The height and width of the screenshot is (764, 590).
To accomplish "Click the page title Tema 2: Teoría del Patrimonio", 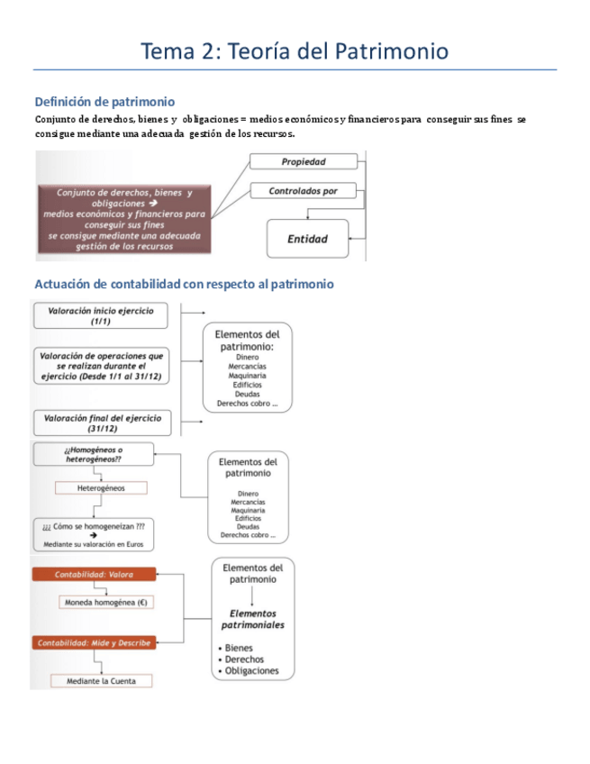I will pos(295,51).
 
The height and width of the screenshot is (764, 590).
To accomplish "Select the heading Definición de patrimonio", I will pos(104,102).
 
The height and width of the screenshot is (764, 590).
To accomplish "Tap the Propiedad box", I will pos(304,162).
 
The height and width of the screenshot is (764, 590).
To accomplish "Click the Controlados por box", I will pos(304,191).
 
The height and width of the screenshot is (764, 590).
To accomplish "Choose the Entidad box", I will pos(307,239).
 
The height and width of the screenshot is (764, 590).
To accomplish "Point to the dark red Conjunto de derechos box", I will pos(124,219).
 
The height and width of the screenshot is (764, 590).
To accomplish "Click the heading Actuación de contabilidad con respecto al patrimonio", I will pos(184,284).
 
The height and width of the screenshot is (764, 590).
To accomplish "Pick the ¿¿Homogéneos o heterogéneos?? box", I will pos(94,454).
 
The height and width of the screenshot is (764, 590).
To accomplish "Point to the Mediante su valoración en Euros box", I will pos(93,539).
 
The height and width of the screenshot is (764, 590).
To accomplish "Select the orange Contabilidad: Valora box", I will pos(94,574).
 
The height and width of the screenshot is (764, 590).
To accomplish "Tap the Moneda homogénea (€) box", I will pos(105,602).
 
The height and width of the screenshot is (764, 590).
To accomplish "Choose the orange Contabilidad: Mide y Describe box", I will pos(94,642).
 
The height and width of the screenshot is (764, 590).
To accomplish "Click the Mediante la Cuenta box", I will pos(101,681).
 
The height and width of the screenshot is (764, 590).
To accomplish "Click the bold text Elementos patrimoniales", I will pos(253,619).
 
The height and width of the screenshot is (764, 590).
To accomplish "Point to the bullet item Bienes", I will pos(240,648).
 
